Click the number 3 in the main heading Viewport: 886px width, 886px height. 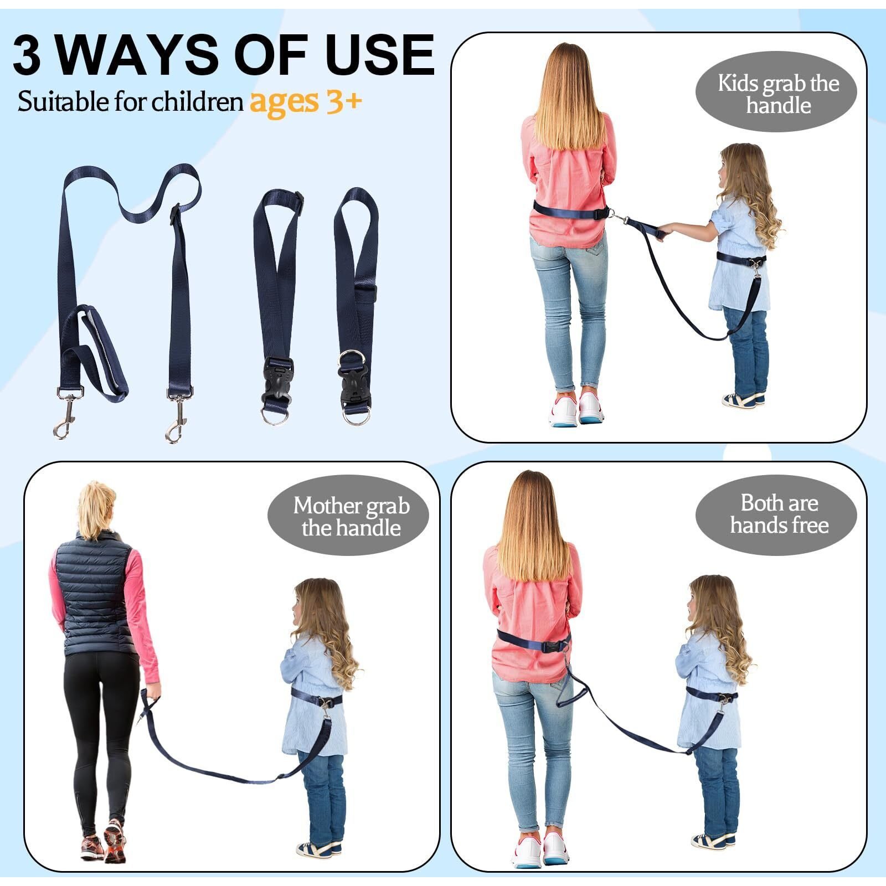(27, 55)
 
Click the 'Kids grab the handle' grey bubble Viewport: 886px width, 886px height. (776, 92)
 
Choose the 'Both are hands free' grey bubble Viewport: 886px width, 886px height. (776, 515)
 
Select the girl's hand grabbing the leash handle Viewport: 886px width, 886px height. (664, 229)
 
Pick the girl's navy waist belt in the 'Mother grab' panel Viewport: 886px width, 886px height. (316, 698)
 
